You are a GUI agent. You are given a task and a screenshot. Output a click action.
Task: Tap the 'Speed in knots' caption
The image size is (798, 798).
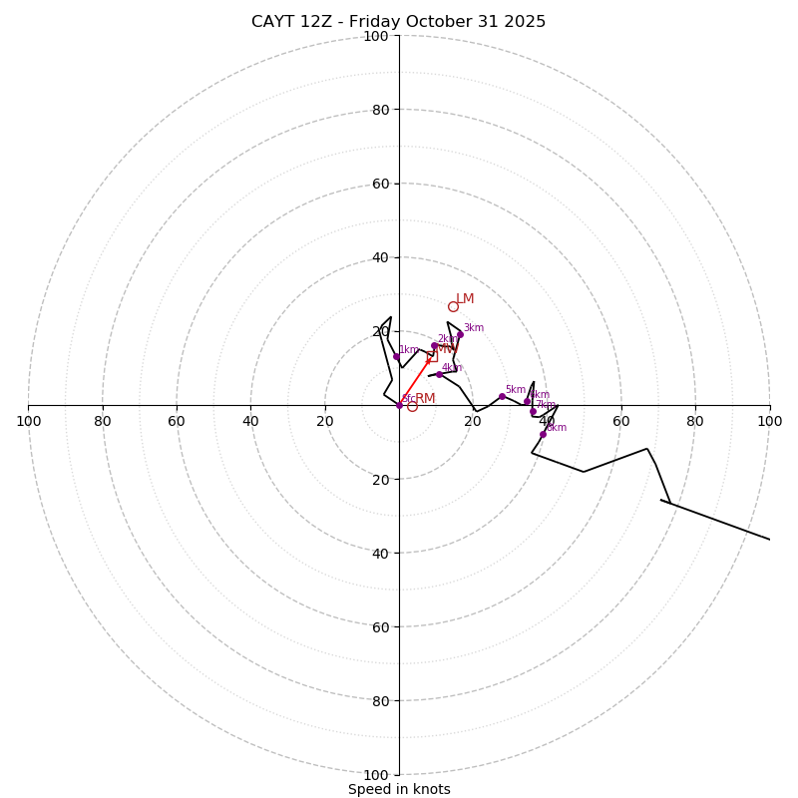(399, 789)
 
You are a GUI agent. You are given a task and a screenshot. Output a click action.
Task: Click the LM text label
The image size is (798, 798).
(465, 299)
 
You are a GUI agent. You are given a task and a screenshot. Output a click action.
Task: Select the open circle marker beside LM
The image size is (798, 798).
(453, 306)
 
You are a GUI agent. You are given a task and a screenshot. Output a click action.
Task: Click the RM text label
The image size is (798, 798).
(425, 399)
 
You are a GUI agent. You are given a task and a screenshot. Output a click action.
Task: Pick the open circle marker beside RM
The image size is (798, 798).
(412, 406)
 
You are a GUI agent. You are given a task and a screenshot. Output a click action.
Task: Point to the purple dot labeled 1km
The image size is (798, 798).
(396, 356)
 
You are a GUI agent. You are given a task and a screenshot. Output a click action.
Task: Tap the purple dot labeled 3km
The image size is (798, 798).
(460, 334)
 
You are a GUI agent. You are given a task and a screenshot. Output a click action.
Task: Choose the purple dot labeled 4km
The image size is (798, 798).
(439, 374)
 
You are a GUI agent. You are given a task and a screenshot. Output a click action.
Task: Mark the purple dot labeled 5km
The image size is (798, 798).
(502, 396)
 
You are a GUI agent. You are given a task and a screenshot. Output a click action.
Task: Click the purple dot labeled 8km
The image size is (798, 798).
(543, 434)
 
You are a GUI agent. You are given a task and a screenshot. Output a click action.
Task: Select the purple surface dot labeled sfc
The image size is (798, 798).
(399, 405)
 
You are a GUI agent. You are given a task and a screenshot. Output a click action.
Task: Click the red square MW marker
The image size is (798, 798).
(432, 356)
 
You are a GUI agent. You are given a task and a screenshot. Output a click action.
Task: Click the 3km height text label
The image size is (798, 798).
(474, 328)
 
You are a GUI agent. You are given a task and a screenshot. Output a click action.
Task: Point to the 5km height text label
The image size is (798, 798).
(516, 390)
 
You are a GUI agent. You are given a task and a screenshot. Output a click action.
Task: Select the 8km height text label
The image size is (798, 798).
(557, 428)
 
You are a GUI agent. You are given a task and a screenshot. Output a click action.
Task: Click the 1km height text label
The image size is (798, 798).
(409, 350)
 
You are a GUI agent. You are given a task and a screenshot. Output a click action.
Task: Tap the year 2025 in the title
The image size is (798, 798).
(528, 22)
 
